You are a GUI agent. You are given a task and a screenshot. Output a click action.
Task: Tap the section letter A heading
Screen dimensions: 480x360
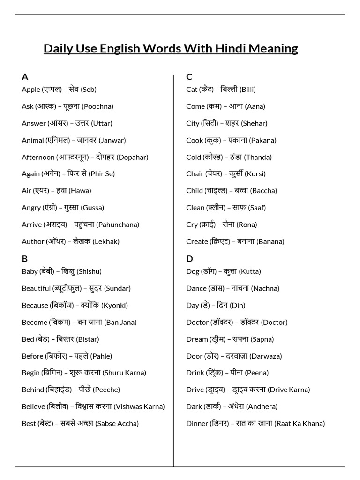click(25, 77)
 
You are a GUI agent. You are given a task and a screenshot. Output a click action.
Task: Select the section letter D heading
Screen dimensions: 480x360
click(189, 259)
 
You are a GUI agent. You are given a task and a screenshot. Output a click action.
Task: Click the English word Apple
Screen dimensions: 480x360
click(31, 90)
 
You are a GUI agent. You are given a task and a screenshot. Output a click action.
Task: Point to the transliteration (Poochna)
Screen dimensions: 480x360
click(97, 106)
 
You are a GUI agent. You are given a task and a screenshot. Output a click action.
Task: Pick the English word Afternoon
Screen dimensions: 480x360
click(38, 157)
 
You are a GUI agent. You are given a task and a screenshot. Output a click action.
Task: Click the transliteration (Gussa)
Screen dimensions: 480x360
click(92, 208)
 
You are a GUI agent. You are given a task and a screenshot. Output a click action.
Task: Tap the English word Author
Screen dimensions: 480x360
click(33, 241)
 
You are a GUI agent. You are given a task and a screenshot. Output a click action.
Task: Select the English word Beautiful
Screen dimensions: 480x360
click(36, 288)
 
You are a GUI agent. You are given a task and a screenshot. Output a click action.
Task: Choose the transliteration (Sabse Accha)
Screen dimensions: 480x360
click(117, 423)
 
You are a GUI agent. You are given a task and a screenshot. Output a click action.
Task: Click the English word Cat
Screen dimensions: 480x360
click(192, 90)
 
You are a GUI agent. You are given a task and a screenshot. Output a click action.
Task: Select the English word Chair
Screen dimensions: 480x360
click(195, 174)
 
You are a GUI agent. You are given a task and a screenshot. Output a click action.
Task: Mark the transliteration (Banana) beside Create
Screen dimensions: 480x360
click(268, 241)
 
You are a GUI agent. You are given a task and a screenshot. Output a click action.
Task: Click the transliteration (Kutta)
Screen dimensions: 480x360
click(250, 271)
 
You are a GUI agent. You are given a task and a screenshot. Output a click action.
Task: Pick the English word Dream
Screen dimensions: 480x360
click(197, 339)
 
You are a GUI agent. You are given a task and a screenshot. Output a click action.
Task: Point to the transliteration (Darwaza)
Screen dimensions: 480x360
click(266, 356)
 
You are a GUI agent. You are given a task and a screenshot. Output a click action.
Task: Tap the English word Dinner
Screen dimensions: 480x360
click(197, 423)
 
